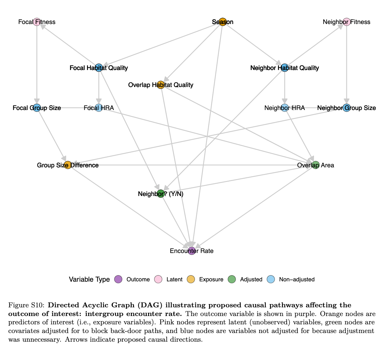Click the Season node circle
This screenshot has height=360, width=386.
coord(223,22)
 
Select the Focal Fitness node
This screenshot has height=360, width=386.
coord(37,22)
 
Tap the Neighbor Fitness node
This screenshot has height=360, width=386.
coord(347,22)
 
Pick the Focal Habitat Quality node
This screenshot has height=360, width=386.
coord(99,68)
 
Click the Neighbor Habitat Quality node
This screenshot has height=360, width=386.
coord(285,68)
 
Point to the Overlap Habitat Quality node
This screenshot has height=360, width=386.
coord(161,85)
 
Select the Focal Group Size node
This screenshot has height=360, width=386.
coord(37,108)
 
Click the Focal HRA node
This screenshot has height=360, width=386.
coord(99,108)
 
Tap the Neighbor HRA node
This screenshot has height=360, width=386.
coord(285,108)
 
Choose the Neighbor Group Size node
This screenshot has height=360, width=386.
coord(347,108)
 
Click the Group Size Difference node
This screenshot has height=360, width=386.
coord(68,165)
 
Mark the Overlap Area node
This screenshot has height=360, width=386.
coord(316,165)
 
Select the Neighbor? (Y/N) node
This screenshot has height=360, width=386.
coord(161,194)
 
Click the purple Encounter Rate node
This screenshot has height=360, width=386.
coord(192,251)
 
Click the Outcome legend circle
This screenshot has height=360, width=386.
coord(118,280)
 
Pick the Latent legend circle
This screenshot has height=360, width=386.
coord(158,280)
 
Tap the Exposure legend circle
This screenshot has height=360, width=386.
coord(191,280)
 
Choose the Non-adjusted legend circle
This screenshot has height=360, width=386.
coord(272,280)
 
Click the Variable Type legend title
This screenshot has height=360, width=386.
coord(89,280)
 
